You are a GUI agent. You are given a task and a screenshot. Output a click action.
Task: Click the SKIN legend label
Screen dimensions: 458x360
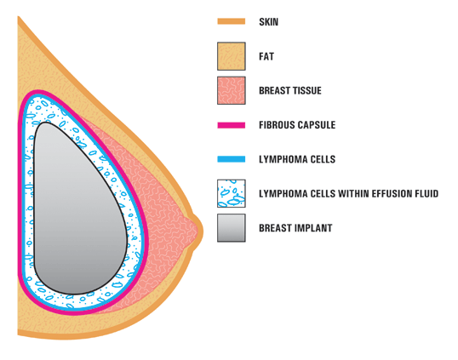(268, 22)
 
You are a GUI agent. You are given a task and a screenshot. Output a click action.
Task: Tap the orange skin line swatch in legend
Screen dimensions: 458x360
(232, 21)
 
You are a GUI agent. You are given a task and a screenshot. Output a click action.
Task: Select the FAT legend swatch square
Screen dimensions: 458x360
(232, 56)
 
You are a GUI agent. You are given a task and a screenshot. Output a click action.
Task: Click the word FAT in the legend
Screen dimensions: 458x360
(266, 56)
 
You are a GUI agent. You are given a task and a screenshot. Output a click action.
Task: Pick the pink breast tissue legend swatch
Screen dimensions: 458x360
(232, 90)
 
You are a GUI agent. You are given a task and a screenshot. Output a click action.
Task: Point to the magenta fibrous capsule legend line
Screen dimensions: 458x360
(232, 125)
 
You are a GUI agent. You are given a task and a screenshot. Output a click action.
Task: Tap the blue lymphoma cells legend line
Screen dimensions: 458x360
(232, 159)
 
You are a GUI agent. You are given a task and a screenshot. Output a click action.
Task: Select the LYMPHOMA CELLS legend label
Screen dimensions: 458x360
(297, 159)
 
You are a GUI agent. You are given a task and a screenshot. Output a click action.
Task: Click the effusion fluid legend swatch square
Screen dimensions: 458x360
(232, 193)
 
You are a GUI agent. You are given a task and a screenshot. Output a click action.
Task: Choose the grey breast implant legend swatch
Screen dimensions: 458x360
(232, 228)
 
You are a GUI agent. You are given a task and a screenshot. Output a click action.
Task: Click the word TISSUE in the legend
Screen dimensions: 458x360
(308, 90)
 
